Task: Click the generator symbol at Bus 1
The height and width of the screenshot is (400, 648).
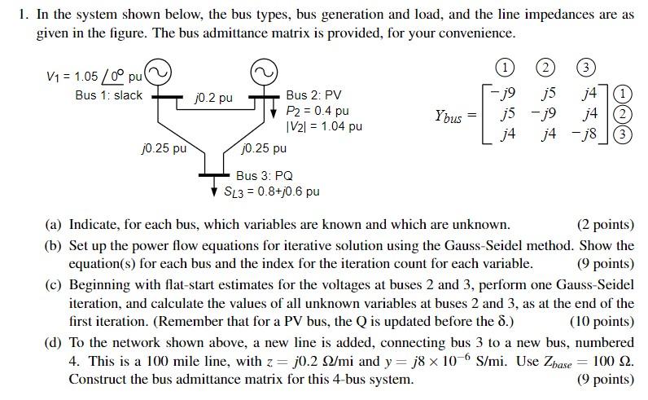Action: [159, 74]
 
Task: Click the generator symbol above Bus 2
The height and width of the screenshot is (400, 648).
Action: [262, 74]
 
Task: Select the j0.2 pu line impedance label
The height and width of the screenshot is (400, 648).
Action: [214, 98]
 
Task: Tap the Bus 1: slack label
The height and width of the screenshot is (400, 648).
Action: [108, 95]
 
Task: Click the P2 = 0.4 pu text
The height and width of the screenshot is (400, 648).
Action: [318, 111]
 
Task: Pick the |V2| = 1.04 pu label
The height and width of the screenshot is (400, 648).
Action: [324, 126]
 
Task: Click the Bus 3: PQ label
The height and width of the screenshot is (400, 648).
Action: [265, 175]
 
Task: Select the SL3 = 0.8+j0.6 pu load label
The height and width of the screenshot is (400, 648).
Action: [272, 191]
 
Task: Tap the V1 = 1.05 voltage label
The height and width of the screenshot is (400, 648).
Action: [78, 77]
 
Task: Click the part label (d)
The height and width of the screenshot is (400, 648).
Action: [54, 341]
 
